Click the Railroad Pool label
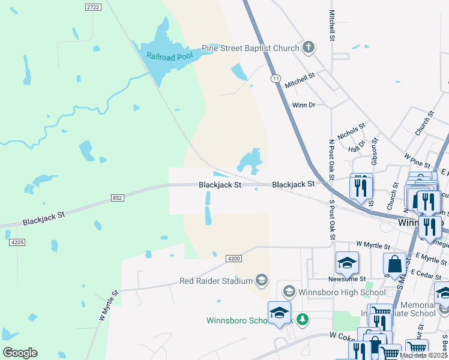170,58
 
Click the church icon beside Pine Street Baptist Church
308,47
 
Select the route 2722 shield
92,7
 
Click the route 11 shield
276,79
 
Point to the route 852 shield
116,197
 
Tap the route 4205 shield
17,242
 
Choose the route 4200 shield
234,258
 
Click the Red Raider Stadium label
216,281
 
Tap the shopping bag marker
394,264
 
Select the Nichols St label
351,132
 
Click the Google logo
20,353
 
